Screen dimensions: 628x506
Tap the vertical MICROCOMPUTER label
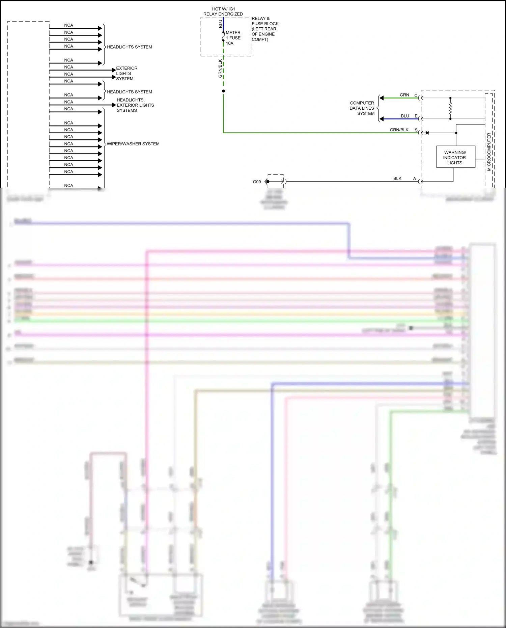point(489,152)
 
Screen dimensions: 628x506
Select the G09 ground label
point(257,182)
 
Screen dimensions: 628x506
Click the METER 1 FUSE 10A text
point(233,38)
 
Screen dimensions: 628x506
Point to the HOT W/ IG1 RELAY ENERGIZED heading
point(223,11)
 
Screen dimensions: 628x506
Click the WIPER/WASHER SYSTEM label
point(133,144)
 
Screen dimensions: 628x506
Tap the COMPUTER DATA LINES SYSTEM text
point(362,108)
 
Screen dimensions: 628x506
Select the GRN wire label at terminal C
point(404,95)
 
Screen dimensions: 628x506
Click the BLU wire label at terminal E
point(405,116)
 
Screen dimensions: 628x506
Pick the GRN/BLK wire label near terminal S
point(399,130)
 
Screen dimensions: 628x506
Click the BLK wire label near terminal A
point(397,178)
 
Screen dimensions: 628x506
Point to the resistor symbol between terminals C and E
point(450,108)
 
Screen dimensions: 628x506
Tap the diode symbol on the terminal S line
point(427,133)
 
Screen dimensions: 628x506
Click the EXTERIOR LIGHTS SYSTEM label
point(126,73)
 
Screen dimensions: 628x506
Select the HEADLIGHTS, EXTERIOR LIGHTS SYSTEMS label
point(135,105)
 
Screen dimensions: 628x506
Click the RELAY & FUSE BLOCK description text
point(265,29)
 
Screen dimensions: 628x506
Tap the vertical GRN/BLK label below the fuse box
point(220,69)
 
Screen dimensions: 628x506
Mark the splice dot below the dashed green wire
point(223,91)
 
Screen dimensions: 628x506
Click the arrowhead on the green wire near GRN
point(382,98)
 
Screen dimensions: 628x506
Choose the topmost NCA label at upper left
point(68,25)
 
